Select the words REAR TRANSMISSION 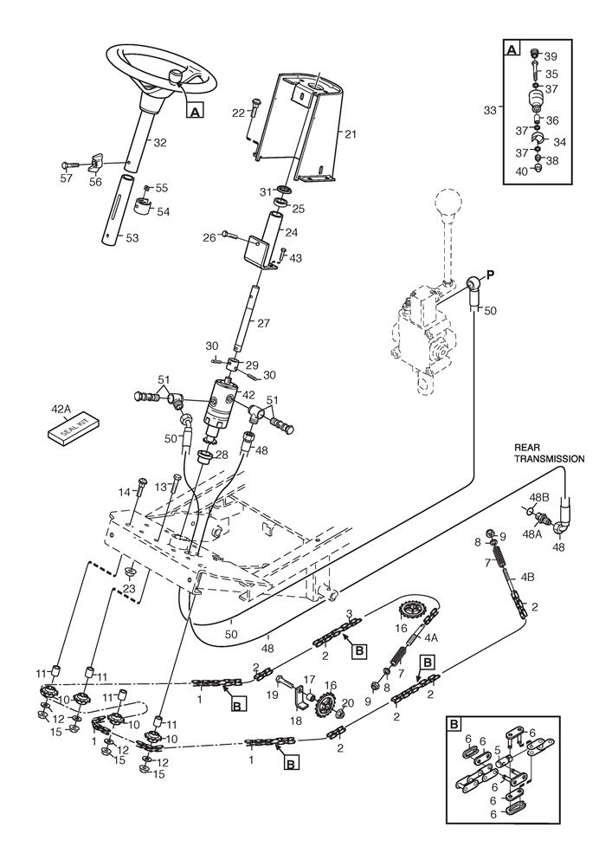tap(549, 453)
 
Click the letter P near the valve tap(490, 275)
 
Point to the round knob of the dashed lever tap(451, 207)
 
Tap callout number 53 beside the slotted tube tap(133, 237)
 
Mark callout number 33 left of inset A tap(490, 110)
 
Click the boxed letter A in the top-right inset tap(512, 51)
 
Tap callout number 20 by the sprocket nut tap(349, 702)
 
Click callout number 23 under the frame tap(130, 589)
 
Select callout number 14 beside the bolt tap(125, 492)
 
